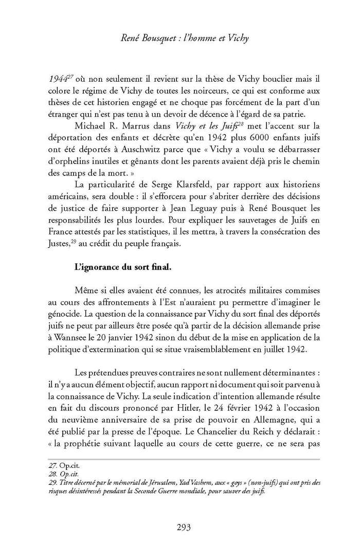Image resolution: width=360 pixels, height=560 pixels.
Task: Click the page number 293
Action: click(184, 527)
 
